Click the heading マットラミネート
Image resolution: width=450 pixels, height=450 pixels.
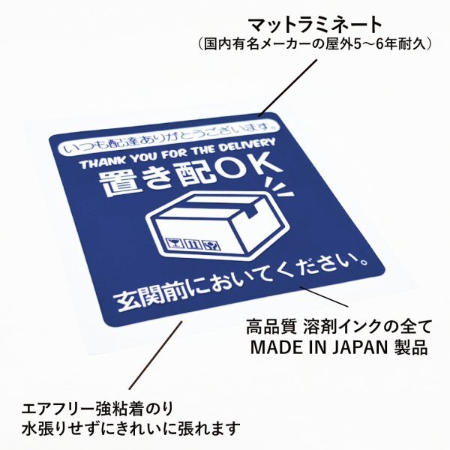(315, 25)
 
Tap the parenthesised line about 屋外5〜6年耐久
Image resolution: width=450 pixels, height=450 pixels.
(315, 45)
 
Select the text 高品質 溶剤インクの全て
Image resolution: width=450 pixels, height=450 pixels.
(339, 327)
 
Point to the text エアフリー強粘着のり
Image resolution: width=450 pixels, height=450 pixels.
(97, 409)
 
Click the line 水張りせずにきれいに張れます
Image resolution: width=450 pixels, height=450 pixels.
(130, 428)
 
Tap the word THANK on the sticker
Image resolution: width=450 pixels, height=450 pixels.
(102, 163)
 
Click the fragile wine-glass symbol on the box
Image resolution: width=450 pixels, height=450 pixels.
(175, 243)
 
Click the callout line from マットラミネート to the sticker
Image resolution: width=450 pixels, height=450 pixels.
(288, 88)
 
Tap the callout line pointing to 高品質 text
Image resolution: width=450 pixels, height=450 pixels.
(324, 296)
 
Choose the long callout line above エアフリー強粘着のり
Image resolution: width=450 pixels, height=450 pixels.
(156, 355)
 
